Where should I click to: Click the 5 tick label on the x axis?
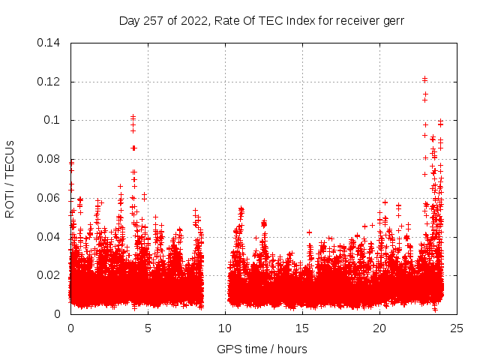(148, 328)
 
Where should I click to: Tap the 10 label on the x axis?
(225, 328)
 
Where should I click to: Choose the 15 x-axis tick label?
(302, 328)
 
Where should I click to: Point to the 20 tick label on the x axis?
(379, 328)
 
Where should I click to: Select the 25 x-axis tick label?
(457, 328)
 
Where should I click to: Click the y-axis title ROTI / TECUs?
(10, 178)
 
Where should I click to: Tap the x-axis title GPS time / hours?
(262, 349)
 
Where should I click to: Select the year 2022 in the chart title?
(191, 20)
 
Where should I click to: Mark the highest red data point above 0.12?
(424, 78)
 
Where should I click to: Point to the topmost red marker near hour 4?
(133, 117)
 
